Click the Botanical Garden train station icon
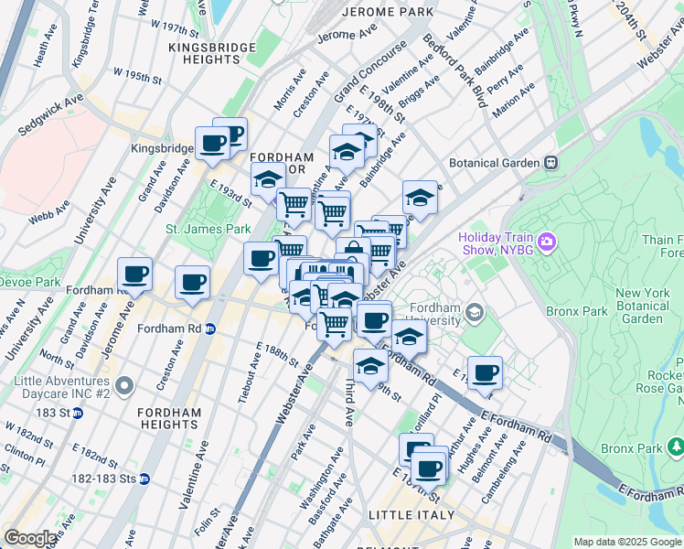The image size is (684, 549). coord(550,163)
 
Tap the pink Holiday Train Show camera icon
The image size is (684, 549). coord(547,242)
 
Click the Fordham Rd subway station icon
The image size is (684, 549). coord(209,328)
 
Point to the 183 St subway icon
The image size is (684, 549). coord(78,413)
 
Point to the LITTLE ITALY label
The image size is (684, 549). coord(411,515)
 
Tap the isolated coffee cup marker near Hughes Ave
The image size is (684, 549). coord(485,371)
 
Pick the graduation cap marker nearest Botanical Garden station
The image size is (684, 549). coord(420,196)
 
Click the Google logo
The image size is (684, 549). coord(30,538)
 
